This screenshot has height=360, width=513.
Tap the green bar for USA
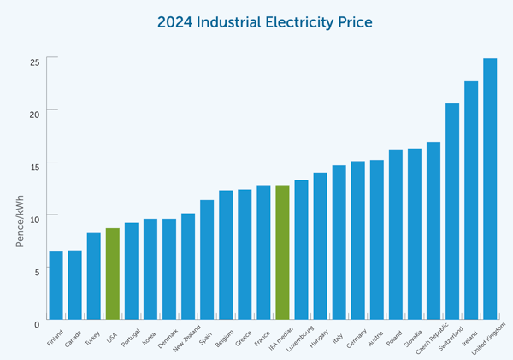[112, 273]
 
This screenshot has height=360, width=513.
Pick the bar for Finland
[56, 284]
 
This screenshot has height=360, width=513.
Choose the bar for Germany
[357, 239]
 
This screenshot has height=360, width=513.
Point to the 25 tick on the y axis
[36, 62]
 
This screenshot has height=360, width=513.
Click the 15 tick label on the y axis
[36, 162]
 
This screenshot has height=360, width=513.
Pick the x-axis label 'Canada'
[73, 335]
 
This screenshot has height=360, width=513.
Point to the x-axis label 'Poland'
[392, 334]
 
